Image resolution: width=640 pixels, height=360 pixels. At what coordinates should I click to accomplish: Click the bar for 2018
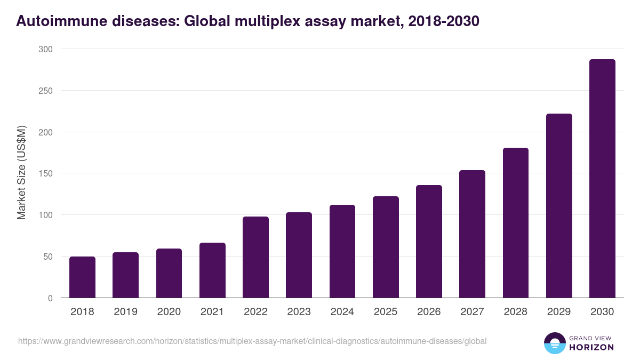tap(82, 277)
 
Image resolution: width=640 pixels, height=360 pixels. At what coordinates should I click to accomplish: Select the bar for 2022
tap(255, 257)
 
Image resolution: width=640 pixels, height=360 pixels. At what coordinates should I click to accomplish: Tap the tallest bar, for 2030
tap(602, 179)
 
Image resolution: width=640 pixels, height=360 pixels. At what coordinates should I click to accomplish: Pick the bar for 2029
tap(559, 206)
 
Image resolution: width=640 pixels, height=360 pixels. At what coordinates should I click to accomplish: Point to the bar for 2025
tap(386, 247)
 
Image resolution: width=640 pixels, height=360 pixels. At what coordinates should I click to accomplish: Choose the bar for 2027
tap(472, 234)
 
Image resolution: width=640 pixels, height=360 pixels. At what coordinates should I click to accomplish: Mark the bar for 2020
tap(169, 273)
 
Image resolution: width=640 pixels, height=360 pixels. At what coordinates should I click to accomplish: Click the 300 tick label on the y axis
tap(46, 49)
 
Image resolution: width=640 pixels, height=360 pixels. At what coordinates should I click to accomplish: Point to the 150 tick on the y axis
tap(46, 173)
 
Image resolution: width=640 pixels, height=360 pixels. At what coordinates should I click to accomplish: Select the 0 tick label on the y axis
tap(50, 298)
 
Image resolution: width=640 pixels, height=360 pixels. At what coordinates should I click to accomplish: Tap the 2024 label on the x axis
tap(342, 312)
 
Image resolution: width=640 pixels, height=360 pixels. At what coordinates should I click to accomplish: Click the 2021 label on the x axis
tap(212, 312)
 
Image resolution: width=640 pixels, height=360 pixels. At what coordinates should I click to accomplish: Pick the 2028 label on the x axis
tap(515, 312)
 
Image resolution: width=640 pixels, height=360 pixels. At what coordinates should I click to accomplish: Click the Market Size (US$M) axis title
tap(21, 173)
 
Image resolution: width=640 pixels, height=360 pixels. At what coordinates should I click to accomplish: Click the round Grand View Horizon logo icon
tap(554, 343)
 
